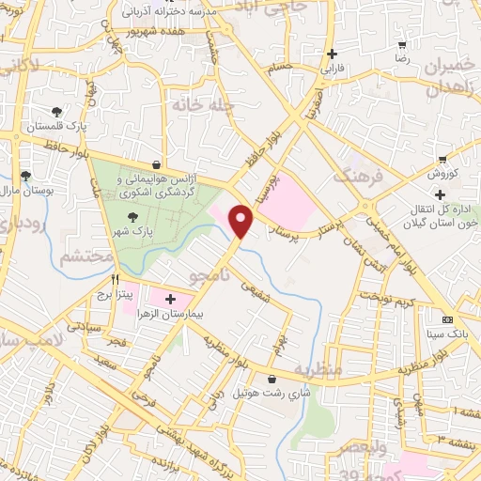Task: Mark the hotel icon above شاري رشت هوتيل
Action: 272,380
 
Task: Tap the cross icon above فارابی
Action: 332,54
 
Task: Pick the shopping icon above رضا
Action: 403,45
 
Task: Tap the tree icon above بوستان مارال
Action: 26,175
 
